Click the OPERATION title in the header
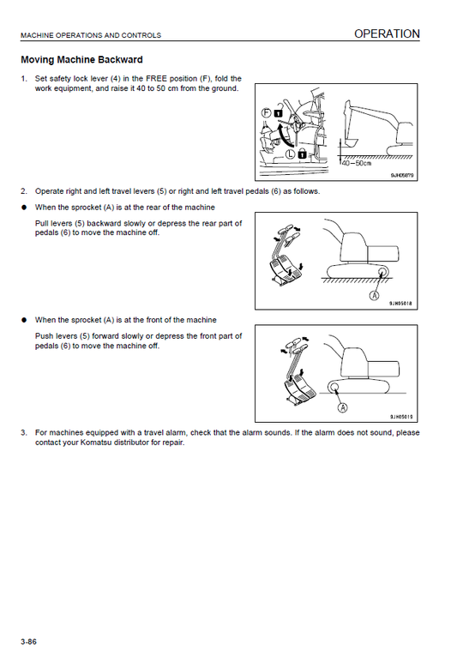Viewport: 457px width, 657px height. [387, 34]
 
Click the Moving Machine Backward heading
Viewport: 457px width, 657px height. [81, 60]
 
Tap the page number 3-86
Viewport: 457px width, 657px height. [29, 642]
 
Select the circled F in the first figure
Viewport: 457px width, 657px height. [267, 112]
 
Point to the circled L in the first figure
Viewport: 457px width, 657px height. [291, 154]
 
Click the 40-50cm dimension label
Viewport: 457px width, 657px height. [357, 163]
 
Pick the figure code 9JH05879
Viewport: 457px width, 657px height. [402, 175]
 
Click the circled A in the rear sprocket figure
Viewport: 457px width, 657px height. [374, 295]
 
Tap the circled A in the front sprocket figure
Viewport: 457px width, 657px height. [343, 407]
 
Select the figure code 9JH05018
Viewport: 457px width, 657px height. [401, 304]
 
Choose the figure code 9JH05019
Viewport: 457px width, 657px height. [401, 417]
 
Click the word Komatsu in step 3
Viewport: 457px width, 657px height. [95, 443]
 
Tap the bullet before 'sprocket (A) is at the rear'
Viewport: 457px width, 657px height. [24, 208]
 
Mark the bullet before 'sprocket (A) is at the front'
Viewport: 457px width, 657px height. [24, 320]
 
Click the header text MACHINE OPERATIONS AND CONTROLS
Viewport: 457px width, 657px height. [91, 36]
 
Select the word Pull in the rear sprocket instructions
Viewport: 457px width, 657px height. [42, 223]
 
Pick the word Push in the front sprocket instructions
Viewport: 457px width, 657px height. [44, 336]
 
